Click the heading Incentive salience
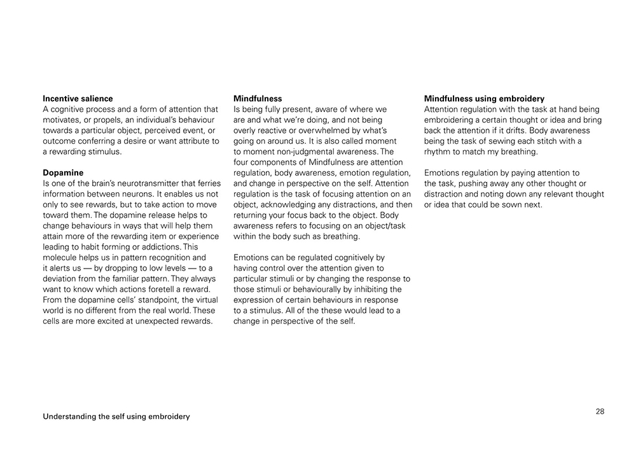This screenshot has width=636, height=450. point(78,99)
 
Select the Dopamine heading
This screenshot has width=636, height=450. point(63,172)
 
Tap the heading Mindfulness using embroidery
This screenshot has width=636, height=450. point(484,99)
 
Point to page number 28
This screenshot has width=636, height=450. point(600,411)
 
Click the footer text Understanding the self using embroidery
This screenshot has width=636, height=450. point(116,417)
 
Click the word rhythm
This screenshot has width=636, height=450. point(439,151)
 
